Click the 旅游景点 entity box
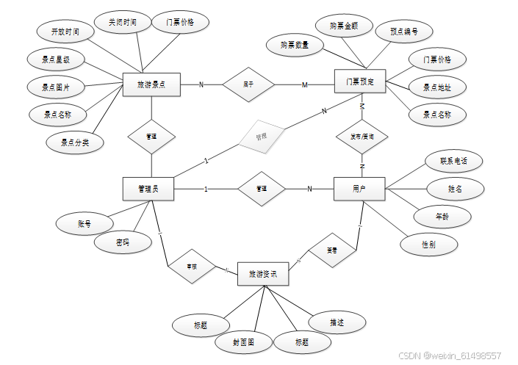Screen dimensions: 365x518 pos(151,84)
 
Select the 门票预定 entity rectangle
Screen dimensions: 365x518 pos(360,82)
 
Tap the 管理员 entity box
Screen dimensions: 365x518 pos(148,189)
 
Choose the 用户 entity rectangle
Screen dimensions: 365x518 pos(359,189)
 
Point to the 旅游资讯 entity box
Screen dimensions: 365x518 pos(263,274)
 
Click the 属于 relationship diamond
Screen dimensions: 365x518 pos(248,84)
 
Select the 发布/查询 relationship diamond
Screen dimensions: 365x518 pos(361,137)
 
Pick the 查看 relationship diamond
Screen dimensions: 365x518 pos(332,250)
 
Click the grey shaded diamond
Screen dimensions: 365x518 pos(260,137)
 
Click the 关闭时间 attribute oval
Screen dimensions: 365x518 pos(122,23)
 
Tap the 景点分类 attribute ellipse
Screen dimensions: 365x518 pos(75,142)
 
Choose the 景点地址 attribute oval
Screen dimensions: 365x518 pos(437,87)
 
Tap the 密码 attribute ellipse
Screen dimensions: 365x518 pos(123,242)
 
